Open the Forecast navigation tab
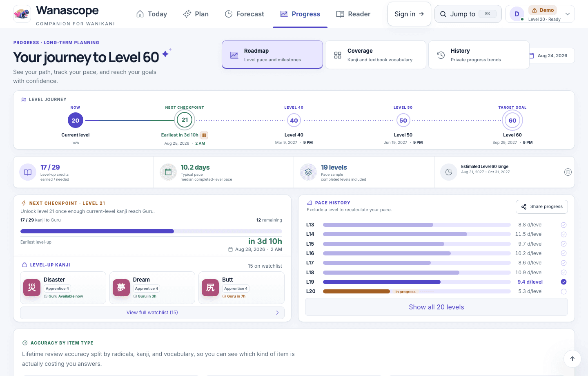click(x=244, y=14)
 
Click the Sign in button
click(x=409, y=14)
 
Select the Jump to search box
click(x=468, y=14)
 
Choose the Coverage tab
click(x=375, y=55)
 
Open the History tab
click(x=479, y=55)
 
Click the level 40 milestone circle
click(x=294, y=120)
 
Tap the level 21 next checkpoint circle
click(x=185, y=120)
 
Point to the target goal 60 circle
click(x=512, y=120)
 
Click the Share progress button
click(x=541, y=207)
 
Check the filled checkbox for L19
click(x=563, y=282)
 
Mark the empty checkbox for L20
click(x=563, y=291)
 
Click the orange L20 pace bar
click(x=356, y=291)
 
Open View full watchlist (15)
click(x=152, y=313)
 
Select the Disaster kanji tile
click(x=63, y=288)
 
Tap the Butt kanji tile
click(x=241, y=288)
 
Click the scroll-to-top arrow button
click(x=572, y=359)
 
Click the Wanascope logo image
click(x=22, y=14)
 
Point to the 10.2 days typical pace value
click(x=195, y=167)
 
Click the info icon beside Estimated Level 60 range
click(x=568, y=172)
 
